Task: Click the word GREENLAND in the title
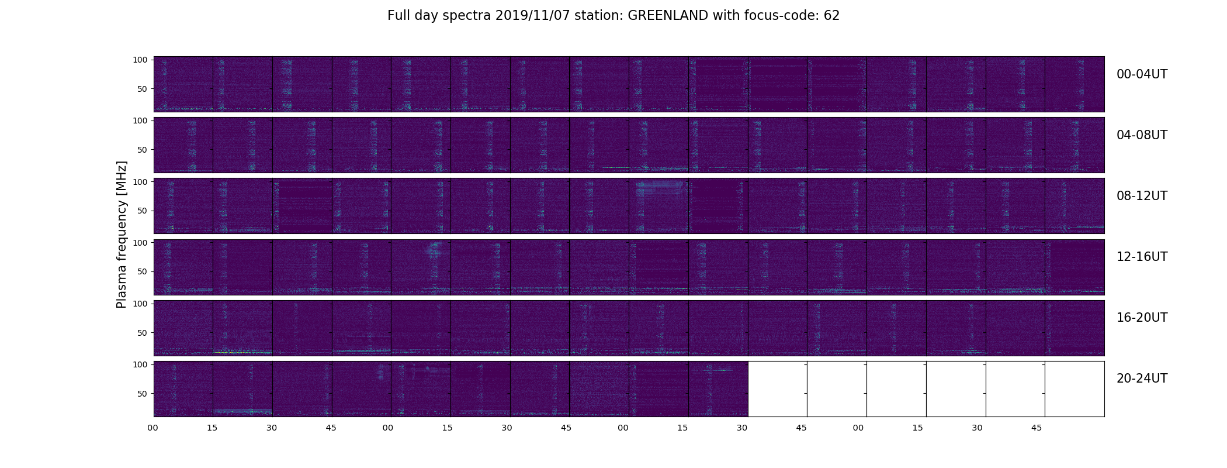668,16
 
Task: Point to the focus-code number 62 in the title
832,16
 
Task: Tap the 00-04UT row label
1142,74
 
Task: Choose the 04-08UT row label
1142,135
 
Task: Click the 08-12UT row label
1142,196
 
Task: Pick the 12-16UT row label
1142,257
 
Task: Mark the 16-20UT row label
1142,318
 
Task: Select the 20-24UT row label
1142,378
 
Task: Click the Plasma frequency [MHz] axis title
122,235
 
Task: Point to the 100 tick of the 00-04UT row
140,60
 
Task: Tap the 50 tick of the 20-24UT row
142,394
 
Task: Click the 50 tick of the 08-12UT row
142,211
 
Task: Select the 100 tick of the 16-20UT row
140,304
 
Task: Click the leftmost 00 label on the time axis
152,428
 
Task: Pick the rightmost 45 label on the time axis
1036,428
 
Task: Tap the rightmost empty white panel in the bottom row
1075,389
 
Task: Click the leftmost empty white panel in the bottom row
778,389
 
